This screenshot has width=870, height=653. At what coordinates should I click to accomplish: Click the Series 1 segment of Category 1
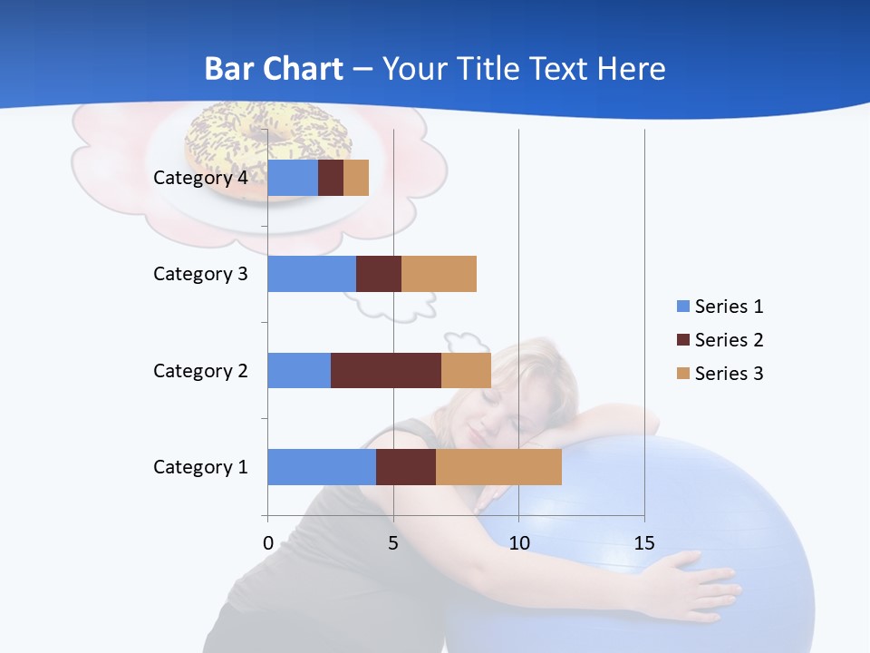[x=322, y=466]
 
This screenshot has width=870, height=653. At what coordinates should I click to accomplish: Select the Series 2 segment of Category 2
[x=386, y=370]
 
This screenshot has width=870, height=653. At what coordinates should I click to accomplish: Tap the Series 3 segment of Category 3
[x=439, y=274]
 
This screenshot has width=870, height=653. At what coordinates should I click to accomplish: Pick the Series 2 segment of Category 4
[x=331, y=178]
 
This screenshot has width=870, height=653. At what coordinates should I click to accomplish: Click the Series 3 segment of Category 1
[x=498, y=466]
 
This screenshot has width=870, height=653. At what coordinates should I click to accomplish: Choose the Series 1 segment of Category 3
[x=312, y=274]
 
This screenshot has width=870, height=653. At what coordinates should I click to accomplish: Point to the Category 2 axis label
[x=200, y=370]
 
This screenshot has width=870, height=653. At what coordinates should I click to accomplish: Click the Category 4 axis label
[x=200, y=178]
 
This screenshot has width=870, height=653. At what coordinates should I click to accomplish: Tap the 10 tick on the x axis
[x=518, y=543]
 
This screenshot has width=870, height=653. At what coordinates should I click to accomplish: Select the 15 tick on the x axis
[x=644, y=543]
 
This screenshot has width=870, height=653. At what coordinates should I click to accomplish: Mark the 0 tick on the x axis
[x=268, y=543]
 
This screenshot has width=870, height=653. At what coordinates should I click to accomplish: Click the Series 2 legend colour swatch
[x=682, y=340]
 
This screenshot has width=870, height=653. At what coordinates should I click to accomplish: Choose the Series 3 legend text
[x=729, y=374]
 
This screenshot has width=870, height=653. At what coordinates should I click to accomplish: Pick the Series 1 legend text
[x=729, y=307]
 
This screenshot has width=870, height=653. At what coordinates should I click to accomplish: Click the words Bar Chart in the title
[x=274, y=69]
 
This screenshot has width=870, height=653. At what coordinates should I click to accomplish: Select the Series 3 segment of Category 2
[x=466, y=370]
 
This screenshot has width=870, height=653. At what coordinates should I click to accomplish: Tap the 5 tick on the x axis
[x=393, y=543]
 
